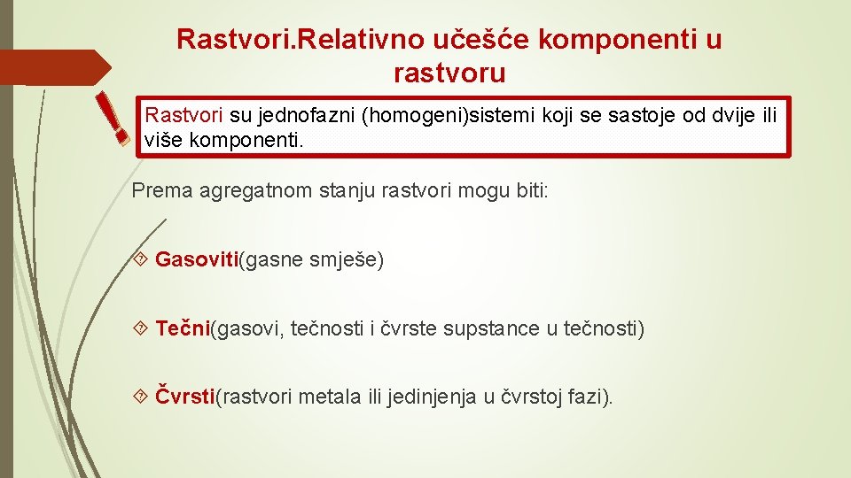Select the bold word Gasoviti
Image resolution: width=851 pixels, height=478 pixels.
pyautogui.click(x=197, y=260)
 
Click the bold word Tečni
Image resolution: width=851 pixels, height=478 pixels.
pyautogui.click(x=182, y=329)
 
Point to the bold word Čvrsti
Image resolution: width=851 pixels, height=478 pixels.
pyautogui.click(x=185, y=397)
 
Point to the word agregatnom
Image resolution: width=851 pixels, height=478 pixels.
pyautogui.click(x=235, y=190)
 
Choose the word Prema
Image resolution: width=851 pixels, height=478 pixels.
pyautogui.click(x=155, y=190)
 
